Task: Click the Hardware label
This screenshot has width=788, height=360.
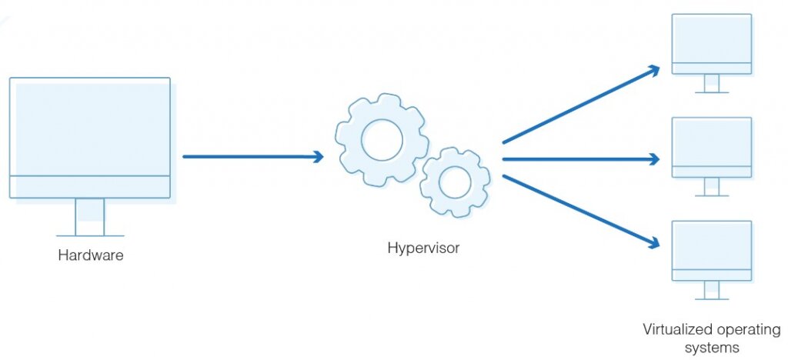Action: (x=90, y=255)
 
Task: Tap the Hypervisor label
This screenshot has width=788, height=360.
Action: (x=423, y=248)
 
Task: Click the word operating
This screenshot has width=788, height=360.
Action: (x=744, y=329)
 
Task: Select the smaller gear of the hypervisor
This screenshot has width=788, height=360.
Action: (x=455, y=182)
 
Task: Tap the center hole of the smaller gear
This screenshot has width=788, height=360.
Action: (x=455, y=182)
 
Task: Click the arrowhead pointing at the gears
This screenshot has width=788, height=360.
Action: (x=316, y=157)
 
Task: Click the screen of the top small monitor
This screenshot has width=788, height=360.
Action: (x=712, y=38)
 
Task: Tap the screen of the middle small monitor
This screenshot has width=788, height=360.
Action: (x=712, y=142)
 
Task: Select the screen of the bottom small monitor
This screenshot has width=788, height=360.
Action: (x=712, y=245)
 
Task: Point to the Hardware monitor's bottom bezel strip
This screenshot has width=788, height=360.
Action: (x=90, y=187)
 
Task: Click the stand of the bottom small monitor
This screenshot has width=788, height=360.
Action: (x=712, y=290)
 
